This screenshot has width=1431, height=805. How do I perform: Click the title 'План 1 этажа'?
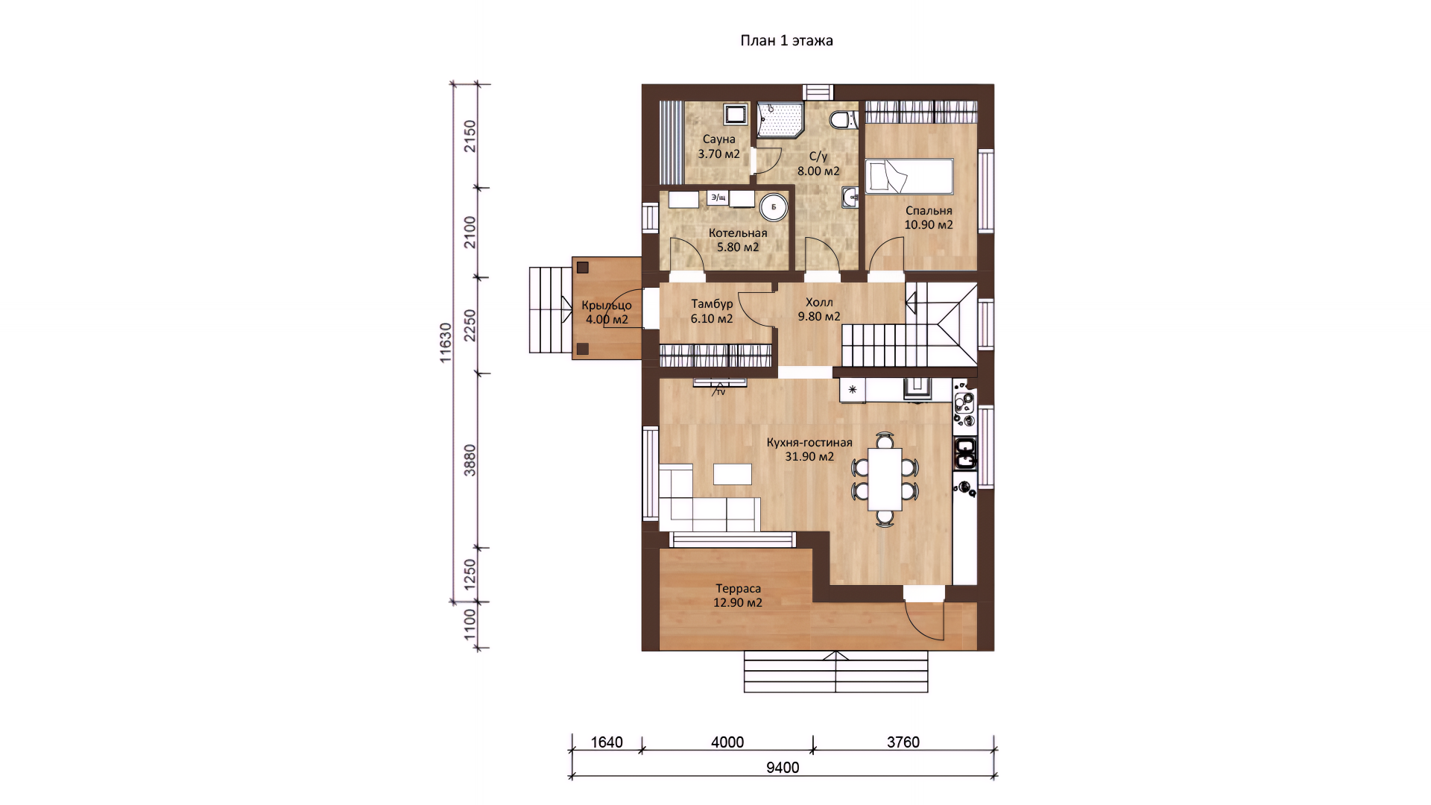click(786, 41)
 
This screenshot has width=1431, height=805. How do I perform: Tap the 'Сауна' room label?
click(718, 139)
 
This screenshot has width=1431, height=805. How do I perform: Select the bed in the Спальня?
click(909, 177)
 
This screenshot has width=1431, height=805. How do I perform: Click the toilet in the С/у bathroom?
click(843, 119)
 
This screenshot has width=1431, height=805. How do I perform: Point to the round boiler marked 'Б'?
click(774, 207)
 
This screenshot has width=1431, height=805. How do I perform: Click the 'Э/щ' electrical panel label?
click(718, 198)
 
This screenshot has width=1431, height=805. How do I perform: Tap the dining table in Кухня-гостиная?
click(885, 479)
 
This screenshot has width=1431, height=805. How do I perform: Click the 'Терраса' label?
click(738, 589)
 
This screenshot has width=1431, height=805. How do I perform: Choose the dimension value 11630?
click(446, 343)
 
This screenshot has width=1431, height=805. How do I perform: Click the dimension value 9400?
click(783, 768)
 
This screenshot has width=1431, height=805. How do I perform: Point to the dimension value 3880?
click(470, 461)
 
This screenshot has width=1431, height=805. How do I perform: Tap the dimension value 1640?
click(607, 742)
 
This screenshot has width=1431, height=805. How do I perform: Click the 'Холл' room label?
click(819, 303)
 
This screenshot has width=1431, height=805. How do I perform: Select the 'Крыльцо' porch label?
click(607, 306)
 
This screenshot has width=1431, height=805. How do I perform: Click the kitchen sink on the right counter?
click(965, 453)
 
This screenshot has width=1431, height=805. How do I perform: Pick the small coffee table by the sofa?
click(733, 474)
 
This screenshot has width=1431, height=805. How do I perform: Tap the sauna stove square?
click(736, 114)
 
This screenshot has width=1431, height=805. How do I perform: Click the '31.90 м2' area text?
click(809, 457)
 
